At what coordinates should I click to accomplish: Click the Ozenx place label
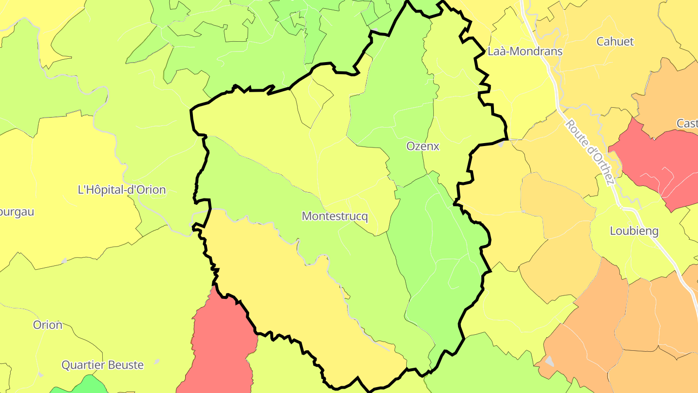tap(423, 146)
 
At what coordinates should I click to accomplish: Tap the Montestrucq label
tap(334, 216)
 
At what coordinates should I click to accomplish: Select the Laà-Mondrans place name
tap(525, 51)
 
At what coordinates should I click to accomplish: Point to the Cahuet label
tap(615, 42)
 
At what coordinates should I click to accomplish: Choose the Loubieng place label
tap(634, 231)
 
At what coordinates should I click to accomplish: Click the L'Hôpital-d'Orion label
tap(122, 190)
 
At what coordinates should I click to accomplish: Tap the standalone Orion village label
tap(48, 325)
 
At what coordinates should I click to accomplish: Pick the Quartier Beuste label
tap(102, 365)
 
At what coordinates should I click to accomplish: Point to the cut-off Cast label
tap(687, 124)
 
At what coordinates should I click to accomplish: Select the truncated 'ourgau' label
tap(17, 212)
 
